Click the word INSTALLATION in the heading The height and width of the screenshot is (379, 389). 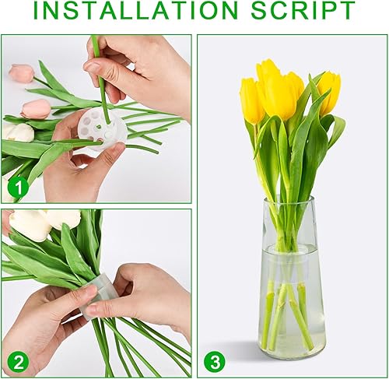point(135,11)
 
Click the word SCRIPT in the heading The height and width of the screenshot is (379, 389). point(303,11)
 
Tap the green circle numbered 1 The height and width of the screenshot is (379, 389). point(18,187)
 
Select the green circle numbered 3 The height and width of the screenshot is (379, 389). point(215,361)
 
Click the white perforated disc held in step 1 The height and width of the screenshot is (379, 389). point(103,129)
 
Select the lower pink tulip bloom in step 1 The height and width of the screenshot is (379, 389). point(36,108)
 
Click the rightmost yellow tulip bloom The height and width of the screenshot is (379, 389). point(329,93)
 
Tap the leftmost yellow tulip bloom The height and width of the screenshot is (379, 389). point(252,100)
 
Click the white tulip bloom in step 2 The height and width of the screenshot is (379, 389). point(44,222)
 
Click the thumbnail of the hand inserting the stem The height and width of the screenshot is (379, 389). point(93,67)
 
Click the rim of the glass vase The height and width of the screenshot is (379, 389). point(289,199)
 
